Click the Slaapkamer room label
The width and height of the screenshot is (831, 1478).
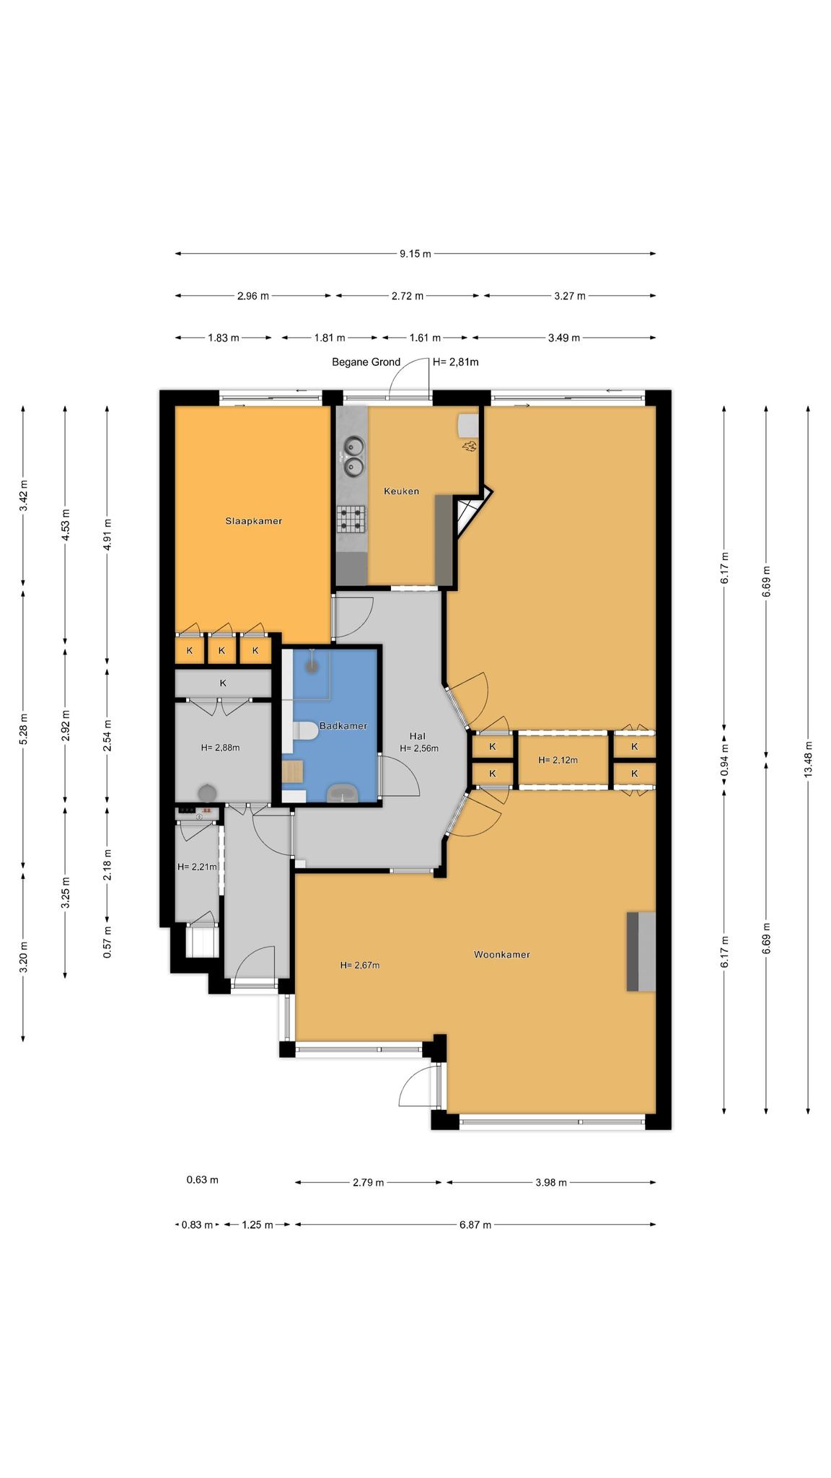tap(253, 521)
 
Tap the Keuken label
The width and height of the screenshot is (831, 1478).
tap(401, 491)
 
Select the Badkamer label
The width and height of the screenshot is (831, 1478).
tap(343, 726)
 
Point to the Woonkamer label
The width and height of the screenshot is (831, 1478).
tap(501, 955)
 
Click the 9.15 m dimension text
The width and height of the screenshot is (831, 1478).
tap(415, 254)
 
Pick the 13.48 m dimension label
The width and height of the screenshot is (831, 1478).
tap(808, 759)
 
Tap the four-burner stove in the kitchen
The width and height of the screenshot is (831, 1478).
tap(352, 517)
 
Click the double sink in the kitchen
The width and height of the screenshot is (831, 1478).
tap(353, 458)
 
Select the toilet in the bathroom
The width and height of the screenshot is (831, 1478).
tap(305, 733)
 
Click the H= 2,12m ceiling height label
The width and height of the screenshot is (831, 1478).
tap(558, 760)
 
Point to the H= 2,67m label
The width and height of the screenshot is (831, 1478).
tap(359, 966)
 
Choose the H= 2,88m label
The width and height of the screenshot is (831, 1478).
tap(220, 748)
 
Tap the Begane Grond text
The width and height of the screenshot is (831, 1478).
tap(366, 362)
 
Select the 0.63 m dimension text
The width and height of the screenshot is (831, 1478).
tap(202, 1180)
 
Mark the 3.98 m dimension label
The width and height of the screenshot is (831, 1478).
tap(551, 1183)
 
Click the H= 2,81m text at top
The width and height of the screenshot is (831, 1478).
tap(455, 362)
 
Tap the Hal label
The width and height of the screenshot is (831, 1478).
tap(418, 736)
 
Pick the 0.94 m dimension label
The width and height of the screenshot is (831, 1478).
tap(724, 760)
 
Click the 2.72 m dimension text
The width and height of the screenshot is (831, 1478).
tap(407, 296)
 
